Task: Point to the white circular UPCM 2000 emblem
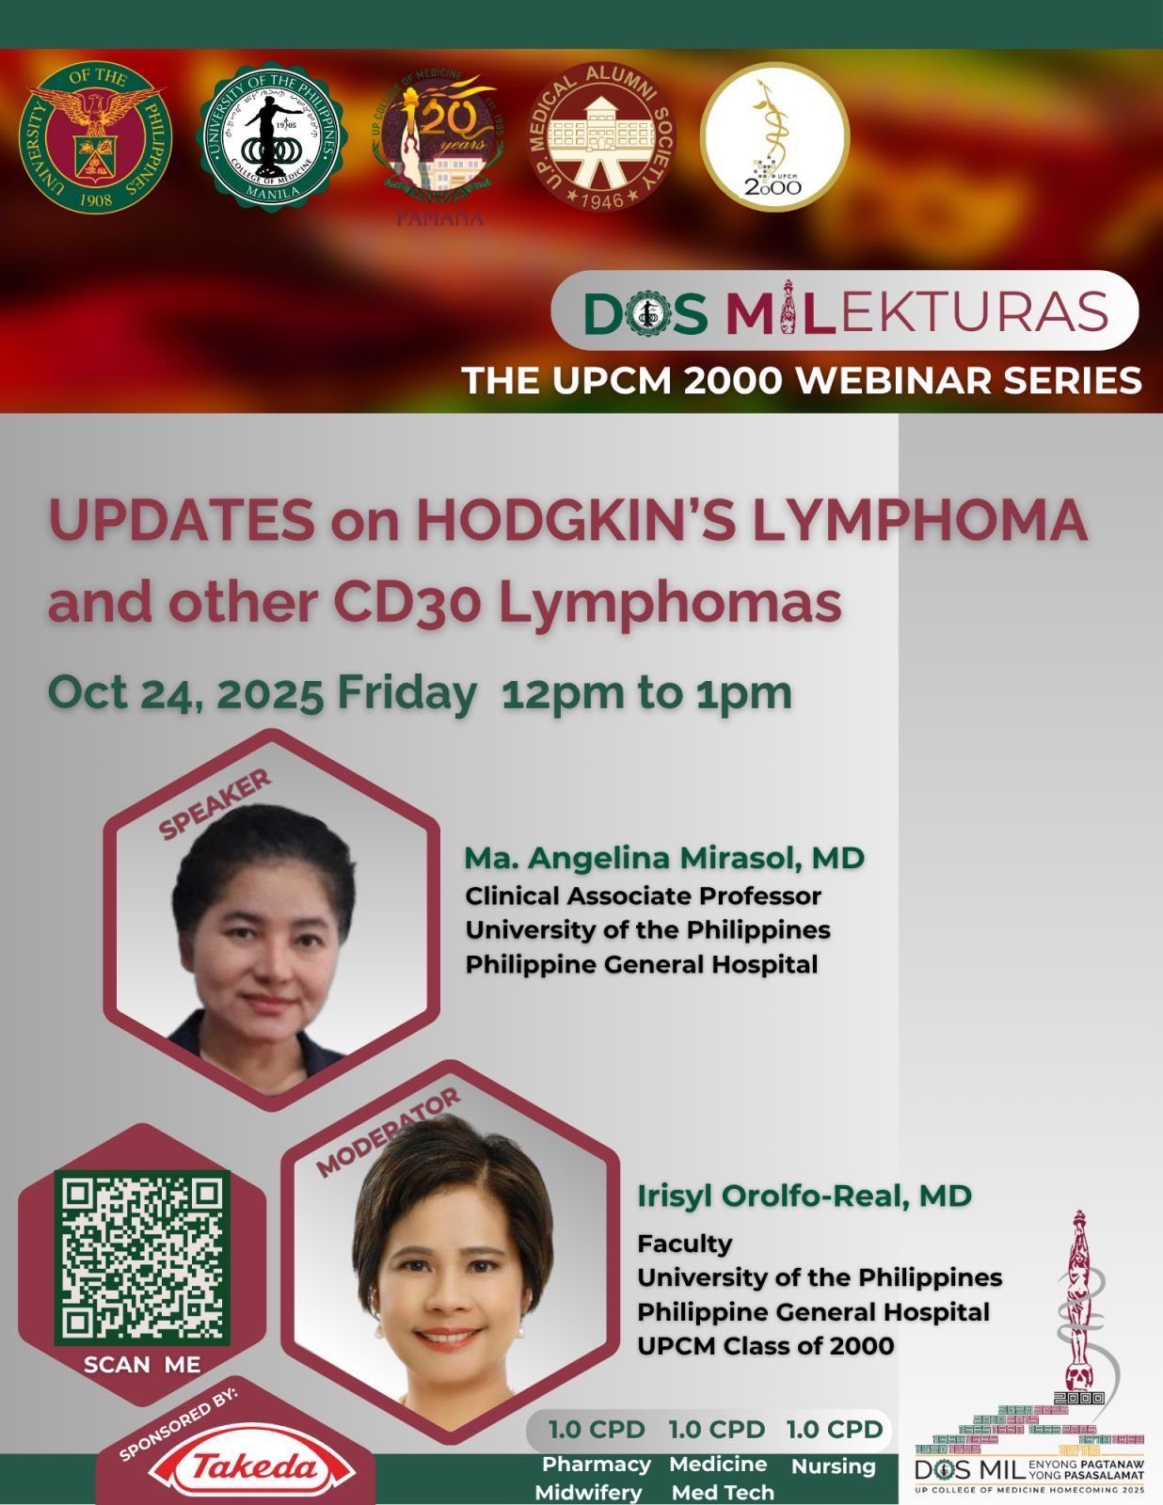click(774, 135)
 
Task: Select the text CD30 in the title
click(420, 603)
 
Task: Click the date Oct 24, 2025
click(186, 693)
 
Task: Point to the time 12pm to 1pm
click(646, 693)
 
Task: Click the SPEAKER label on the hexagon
click(215, 804)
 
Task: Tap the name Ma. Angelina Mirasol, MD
click(663, 858)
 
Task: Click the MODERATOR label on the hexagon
click(388, 1133)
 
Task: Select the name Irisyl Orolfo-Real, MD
click(804, 1196)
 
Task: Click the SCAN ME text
click(142, 1364)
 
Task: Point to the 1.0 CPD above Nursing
click(835, 1430)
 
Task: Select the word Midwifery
click(588, 1493)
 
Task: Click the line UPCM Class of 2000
click(765, 1346)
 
